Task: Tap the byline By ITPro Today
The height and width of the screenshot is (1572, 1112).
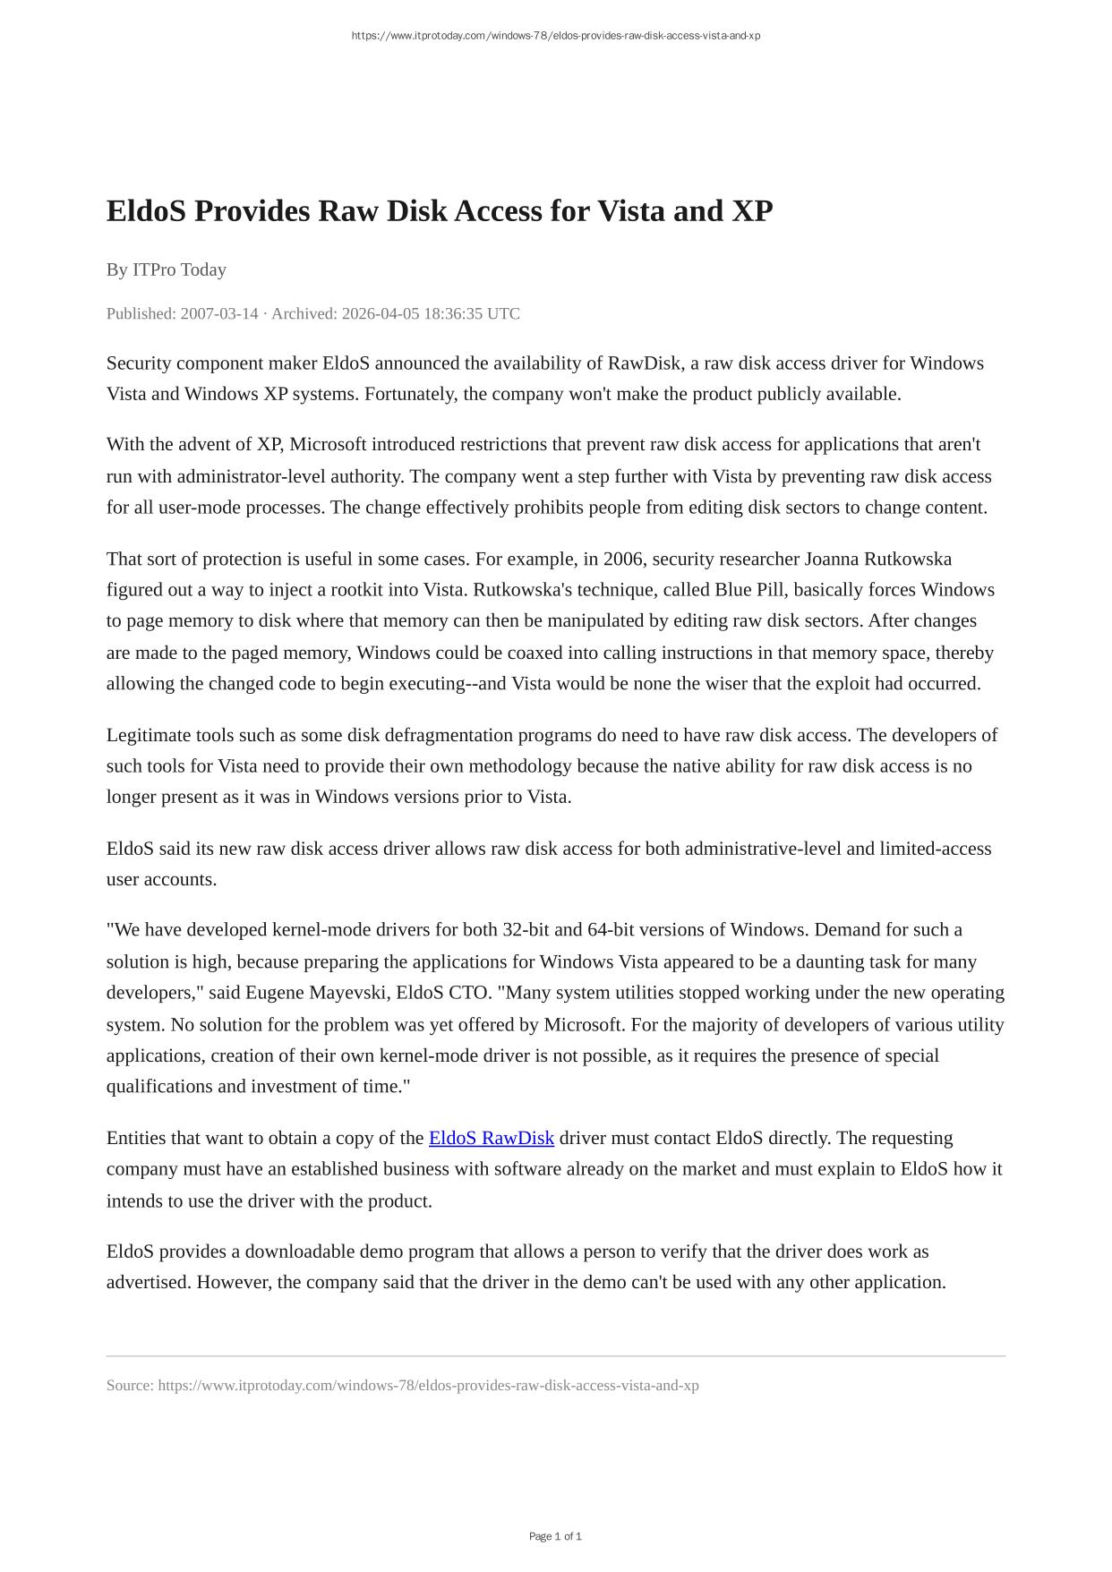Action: click(x=167, y=269)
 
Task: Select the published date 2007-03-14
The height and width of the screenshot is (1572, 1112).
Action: click(x=219, y=313)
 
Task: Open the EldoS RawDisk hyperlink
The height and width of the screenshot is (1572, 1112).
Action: click(x=492, y=1138)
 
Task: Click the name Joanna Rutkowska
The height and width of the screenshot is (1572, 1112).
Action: click(x=877, y=560)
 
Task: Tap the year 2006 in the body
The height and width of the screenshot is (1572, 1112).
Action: click(x=623, y=560)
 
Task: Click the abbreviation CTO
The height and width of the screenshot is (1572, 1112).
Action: click(x=469, y=993)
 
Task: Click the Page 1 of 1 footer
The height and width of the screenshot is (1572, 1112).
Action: click(x=555, y=1536)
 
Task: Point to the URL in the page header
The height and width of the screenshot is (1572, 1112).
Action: click(x=555, y=36)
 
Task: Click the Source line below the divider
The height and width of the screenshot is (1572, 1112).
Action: click(x=402, y=1386)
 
